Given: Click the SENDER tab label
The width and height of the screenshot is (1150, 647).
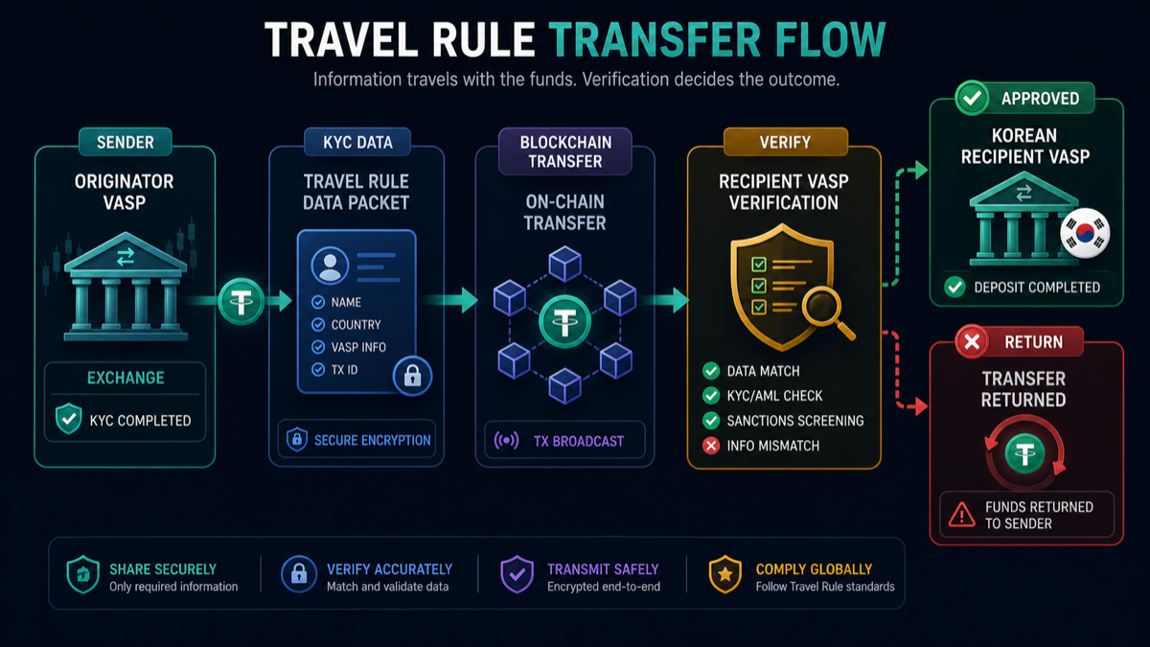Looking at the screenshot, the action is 126,142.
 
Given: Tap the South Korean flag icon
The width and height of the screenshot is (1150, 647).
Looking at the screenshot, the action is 1085,233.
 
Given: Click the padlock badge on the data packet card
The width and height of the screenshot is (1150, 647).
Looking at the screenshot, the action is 412,376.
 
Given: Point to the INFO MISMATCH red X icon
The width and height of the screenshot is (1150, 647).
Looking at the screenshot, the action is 711,445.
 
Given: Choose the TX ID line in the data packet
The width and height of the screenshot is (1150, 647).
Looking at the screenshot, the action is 334,370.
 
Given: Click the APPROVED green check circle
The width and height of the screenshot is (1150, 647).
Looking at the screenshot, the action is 972,98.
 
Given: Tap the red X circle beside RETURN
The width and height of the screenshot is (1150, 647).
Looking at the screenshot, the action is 972,341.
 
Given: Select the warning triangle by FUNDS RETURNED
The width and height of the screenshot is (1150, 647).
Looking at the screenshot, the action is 961,515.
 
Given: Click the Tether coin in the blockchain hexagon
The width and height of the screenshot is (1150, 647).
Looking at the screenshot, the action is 564,322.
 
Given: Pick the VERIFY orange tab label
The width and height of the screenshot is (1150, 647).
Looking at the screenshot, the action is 785,142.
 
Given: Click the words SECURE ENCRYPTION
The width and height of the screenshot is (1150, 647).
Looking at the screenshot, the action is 372,440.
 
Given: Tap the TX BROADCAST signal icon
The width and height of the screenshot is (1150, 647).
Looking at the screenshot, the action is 506,440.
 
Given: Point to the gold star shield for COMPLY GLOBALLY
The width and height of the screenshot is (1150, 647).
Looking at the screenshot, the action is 724,574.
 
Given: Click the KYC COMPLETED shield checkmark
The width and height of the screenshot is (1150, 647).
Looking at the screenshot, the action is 68,419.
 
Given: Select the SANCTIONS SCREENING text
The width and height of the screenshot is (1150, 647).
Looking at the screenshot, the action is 795,421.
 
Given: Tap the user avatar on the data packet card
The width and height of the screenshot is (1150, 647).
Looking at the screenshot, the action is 330,266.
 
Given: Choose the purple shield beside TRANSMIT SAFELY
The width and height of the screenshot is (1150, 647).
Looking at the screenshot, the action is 517,574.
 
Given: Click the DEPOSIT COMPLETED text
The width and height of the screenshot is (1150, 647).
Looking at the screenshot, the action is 1037,287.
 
